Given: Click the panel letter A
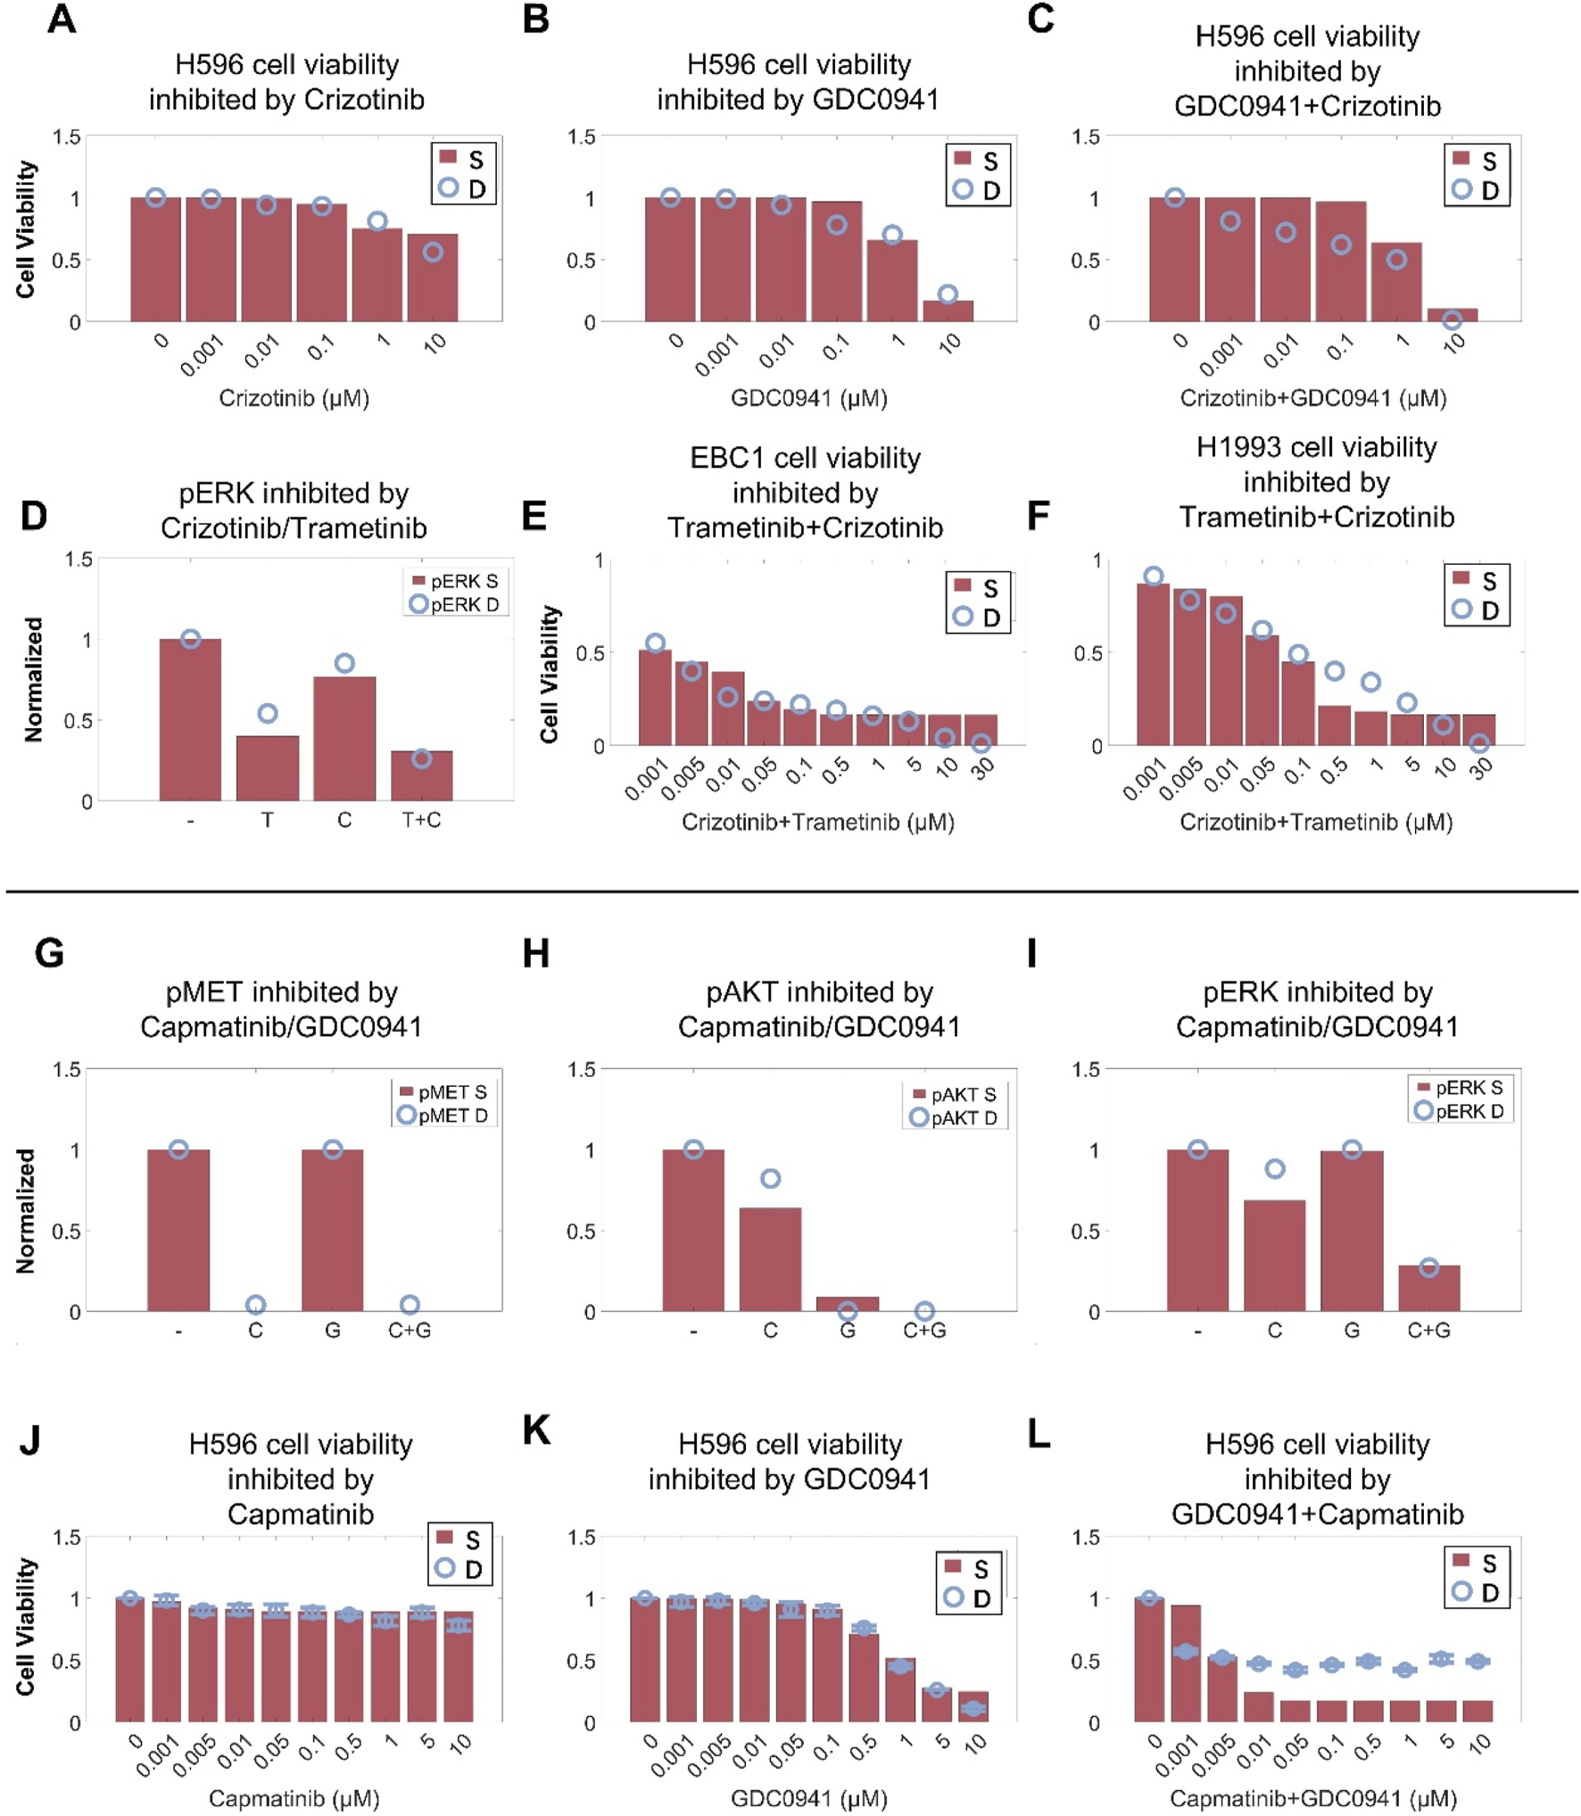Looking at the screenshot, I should [x=61, y=19].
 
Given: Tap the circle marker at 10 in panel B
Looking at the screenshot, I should [x=948, y=294].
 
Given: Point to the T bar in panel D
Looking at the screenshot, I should [x=267, y=767].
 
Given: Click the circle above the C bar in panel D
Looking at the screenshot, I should [x=344, y=663].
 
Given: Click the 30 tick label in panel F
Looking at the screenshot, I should [x=1481, y=767].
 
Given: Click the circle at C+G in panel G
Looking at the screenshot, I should [x=410, y=1305].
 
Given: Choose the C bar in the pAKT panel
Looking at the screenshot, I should [x=770, y=1259].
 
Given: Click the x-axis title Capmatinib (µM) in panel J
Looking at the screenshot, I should [x=294, y=1798].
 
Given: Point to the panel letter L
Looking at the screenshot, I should [x=1039, y=1434].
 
